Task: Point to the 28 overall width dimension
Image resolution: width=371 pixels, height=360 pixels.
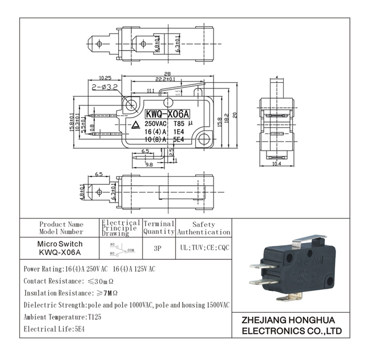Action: (167, 74)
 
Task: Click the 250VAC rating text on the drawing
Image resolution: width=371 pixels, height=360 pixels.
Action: (156, 123)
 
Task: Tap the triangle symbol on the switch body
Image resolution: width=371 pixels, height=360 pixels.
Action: (135, 126)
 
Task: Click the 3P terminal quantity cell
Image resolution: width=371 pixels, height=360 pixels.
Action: (159, 249)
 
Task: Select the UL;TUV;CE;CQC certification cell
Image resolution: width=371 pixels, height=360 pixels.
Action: (204, 249)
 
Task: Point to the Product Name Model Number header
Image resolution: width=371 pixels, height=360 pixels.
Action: (61, 228)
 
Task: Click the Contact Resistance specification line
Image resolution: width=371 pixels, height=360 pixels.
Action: (69, 281)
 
